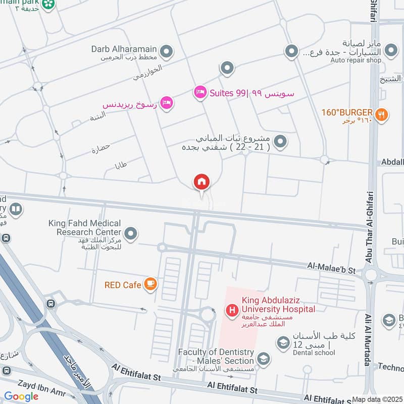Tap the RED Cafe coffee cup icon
pos(150,285)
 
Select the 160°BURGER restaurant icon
pos(382,114)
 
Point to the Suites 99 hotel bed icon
pos(200,92)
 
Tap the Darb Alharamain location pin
pos(166,51)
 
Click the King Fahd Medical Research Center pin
pos(131,233)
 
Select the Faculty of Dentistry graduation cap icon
pos(263,359)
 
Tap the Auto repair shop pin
pos(390,50)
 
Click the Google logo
pos(21,396)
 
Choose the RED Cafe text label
pos(123,285)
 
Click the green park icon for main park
pos(48,4)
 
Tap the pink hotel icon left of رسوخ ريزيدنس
pos(167,103)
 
